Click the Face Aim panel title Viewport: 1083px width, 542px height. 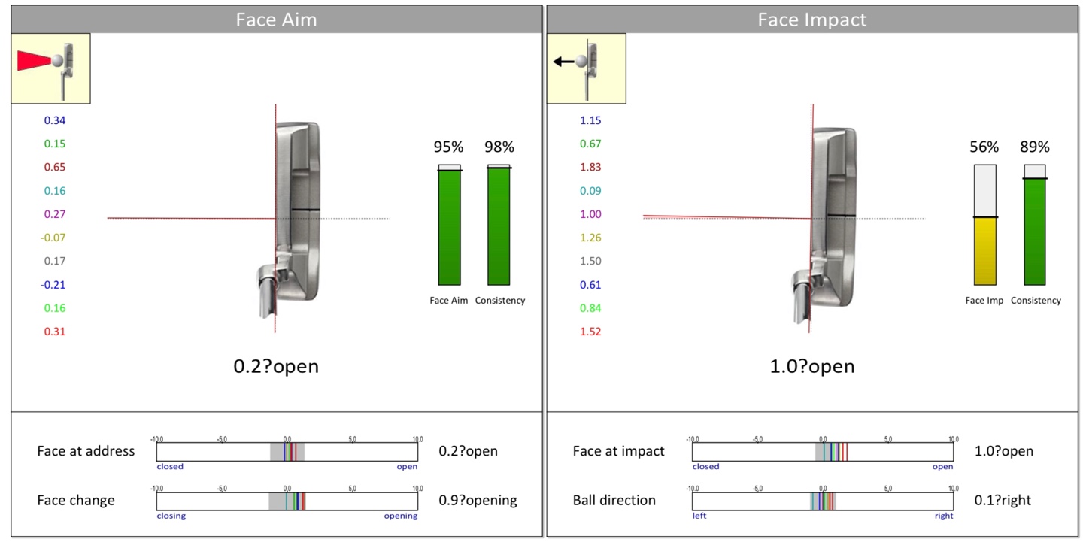pyautogui.click(x=276, y=20)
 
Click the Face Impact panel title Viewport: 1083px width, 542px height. pyautogui.click(x=811, y=20)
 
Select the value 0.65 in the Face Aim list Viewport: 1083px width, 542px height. pyautogui.click(x=55, y=167)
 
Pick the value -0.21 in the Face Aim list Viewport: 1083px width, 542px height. pyautogui.click(x=53, y=284)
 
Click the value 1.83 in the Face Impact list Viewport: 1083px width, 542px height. pyautogui.click(x=590, y=167)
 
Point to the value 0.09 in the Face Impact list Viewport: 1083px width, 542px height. pyautogui.click(x=590, y=191)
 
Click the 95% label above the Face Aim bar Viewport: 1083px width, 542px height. pyautogui.click(x=448, y=147)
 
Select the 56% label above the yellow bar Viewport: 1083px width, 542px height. pyautogui.click(x=984, y=147)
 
